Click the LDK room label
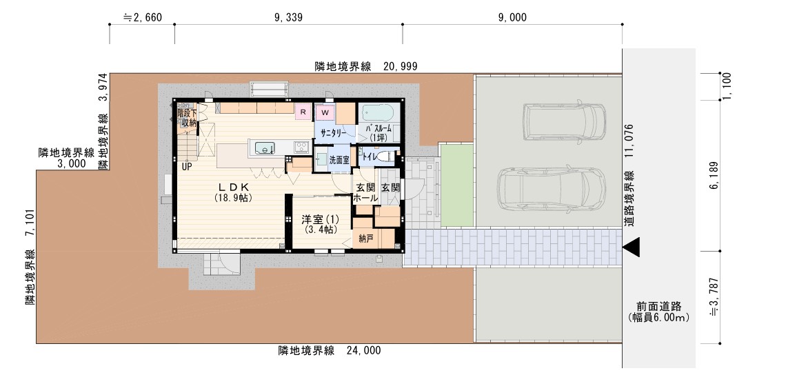tap(234, 187)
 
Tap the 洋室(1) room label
tap(319, 220)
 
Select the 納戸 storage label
tap(366, 239)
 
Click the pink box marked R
tap(303, 111)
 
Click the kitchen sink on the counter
tap(265, 147)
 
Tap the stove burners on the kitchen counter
tap(301, 146)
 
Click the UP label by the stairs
tap(187, 166)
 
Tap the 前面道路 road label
tap(658, 307)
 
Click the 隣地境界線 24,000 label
tap(329, 350)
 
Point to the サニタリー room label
tap(333, 131)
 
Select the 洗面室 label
tap(339, 159)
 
